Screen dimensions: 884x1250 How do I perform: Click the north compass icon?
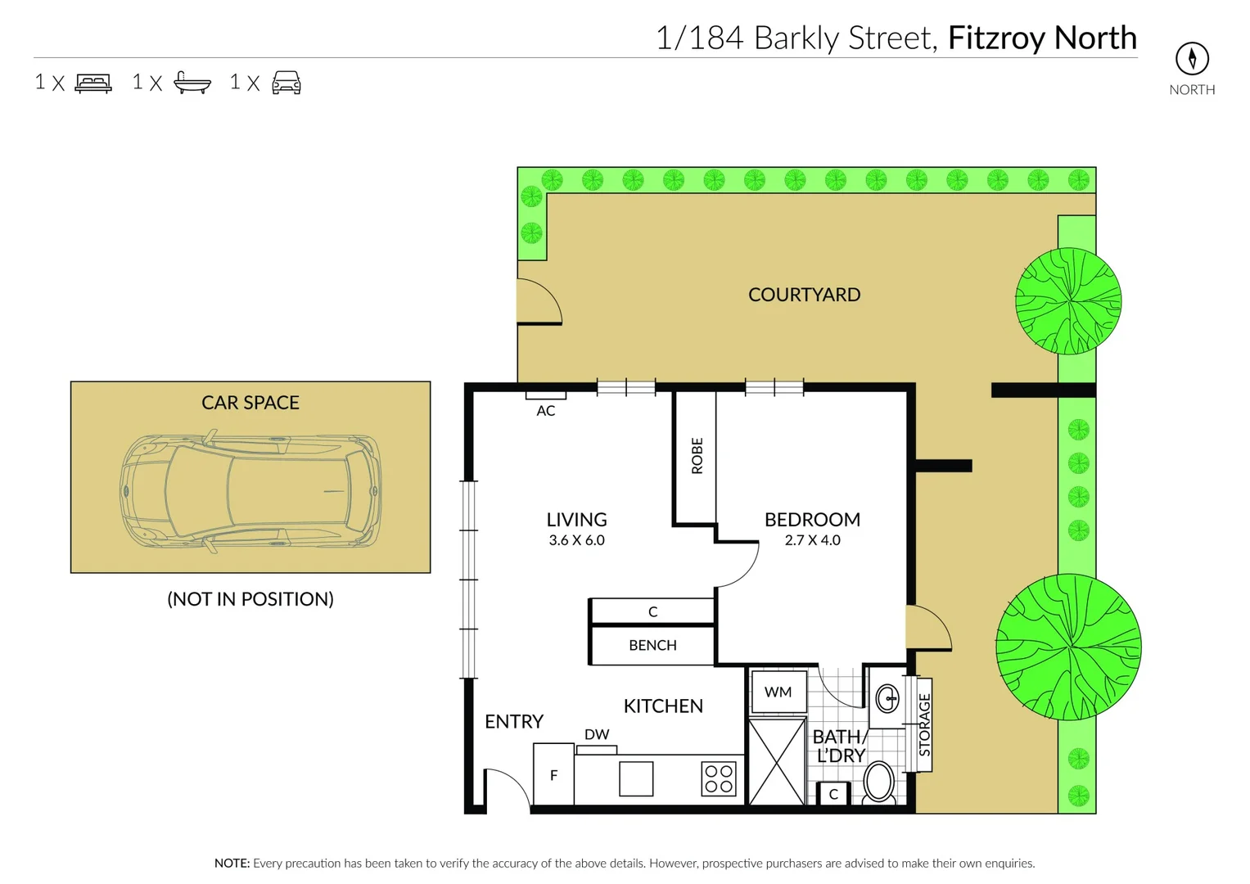1191,58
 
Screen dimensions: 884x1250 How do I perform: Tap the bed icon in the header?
93,83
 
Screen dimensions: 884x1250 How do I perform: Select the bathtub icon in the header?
192,83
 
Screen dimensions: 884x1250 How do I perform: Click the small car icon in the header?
287,83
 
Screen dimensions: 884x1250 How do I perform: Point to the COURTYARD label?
804,295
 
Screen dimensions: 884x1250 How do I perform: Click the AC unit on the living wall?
545,395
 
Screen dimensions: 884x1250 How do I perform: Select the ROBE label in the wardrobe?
697,456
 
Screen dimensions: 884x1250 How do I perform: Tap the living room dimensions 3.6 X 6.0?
576,540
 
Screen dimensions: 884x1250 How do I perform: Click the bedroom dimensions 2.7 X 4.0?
812,540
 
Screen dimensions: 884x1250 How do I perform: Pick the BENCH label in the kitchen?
652,646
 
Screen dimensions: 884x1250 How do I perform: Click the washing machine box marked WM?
778,692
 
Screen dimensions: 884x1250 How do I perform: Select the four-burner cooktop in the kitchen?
719,778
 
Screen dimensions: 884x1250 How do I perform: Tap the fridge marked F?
553,775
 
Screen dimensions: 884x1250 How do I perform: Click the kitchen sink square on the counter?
636,778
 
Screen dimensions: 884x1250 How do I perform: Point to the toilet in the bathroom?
878,782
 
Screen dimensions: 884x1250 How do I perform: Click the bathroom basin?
887,698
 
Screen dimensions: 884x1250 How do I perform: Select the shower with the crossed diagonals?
777,762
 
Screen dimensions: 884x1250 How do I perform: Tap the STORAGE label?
924,725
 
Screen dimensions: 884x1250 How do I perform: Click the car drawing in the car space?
250,492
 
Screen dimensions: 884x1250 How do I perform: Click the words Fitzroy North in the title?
1042,38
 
